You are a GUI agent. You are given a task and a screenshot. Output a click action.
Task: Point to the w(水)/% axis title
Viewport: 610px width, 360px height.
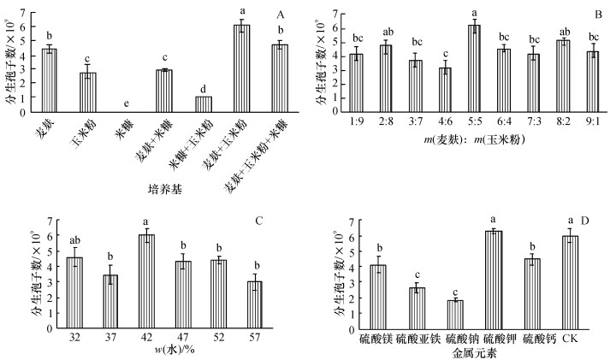click(x=146, y=351)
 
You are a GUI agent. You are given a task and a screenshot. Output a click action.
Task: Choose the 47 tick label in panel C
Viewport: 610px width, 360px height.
click(x=182, y=336)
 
